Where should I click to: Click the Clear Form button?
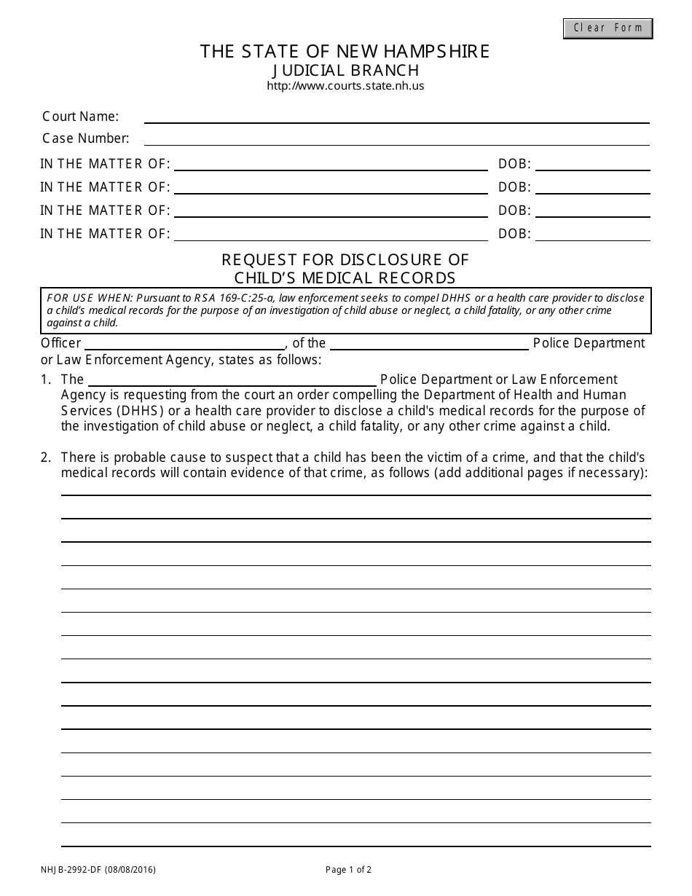point(608,28)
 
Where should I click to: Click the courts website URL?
point(345,86)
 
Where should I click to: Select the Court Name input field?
point(396,117)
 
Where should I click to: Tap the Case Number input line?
point(396,138)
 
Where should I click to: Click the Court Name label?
point(80,117)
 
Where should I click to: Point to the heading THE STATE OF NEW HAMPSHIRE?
point(345,52)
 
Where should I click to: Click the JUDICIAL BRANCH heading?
point(345,70)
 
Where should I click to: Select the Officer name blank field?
point(185,343)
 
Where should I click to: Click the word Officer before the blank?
point(60,343)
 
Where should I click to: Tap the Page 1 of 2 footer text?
point(348,869)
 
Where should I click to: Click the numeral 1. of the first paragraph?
point(46,380)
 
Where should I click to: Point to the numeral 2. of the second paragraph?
point(46,457)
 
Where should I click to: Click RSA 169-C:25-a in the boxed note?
point(224,298)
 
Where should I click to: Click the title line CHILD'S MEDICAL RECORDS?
point(345,278)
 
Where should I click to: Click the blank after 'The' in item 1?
point(232,380)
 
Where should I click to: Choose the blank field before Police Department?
point(429,343)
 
